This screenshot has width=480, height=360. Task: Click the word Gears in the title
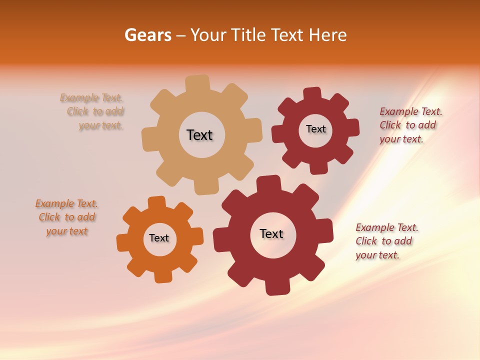(x=147, y=35)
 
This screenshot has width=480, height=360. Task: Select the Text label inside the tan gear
(x=199, y=135)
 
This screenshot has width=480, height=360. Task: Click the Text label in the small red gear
(x=315, y=129)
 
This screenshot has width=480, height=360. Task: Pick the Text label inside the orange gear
(x=159, y=238)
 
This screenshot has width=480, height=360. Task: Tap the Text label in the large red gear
(x=271, y=233)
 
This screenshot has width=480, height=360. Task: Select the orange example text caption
(x=66, y=217)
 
